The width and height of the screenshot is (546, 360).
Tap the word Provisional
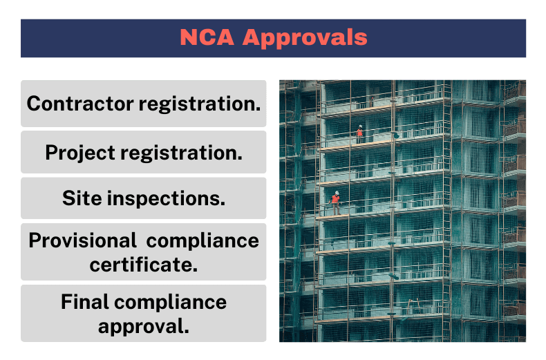(x=82, y=240)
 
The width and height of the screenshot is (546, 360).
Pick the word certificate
(x=144, y=264)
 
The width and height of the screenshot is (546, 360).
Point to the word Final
(x=86, y=302)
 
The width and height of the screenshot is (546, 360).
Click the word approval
(x=144, y=325)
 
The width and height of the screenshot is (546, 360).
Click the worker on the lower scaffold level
(x=336, y=202)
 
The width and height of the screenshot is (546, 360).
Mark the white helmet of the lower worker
(x=337, y=193)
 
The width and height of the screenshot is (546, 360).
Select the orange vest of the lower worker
(x=336, y=199)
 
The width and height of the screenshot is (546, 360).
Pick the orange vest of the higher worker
(x=359, y=131)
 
